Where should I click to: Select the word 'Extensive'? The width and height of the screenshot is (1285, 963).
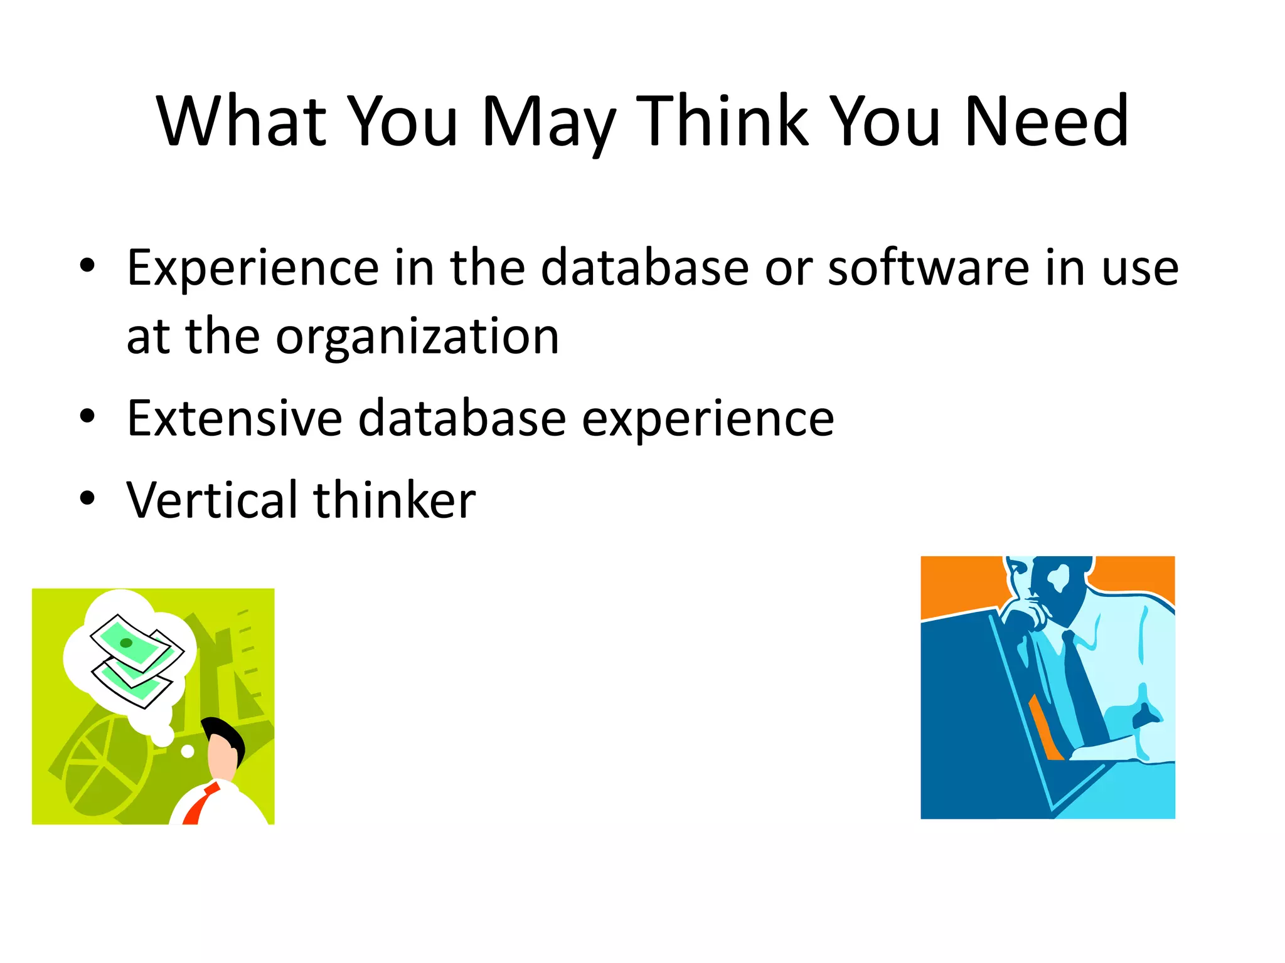[234, 418]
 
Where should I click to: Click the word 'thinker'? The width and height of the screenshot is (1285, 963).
[394, 500]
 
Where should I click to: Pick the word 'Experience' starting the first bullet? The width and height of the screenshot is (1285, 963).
[252, 268]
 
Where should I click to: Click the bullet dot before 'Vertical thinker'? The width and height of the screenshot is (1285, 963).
[87, 498]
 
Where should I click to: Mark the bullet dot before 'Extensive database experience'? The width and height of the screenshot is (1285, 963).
[87, 416]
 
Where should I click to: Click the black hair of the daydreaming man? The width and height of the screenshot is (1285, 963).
[223, 731]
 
